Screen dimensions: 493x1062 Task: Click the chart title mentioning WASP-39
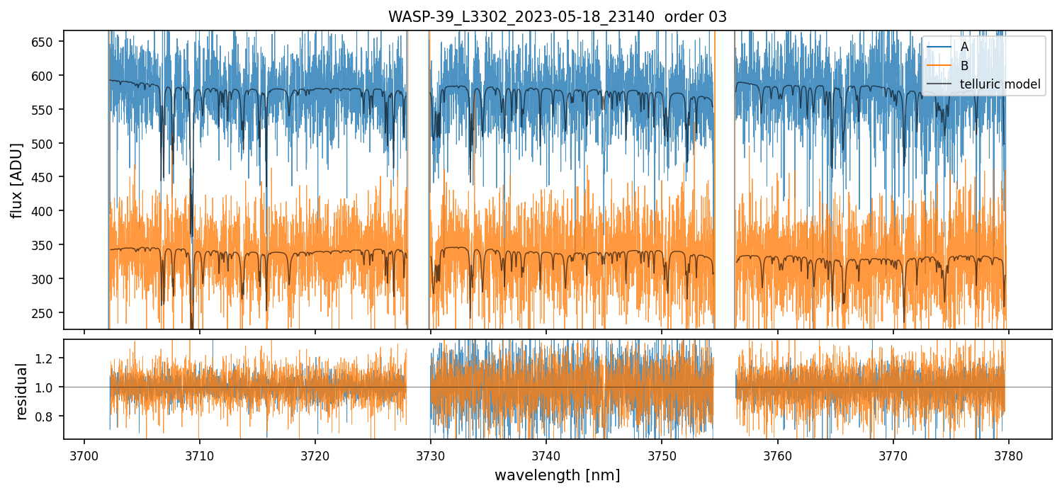(x=557, y=17)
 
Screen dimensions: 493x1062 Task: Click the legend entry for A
(x=964, y=47)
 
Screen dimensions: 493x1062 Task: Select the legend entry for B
(x=964, y=65)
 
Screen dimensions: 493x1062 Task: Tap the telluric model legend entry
(x=1000, y=84)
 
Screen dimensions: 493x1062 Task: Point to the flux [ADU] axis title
(x=16, y=180)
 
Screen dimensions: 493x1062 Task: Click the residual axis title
(x=21, y=390)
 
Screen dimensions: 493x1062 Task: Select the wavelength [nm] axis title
(x=557, y=475)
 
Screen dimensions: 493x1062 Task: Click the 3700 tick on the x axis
(x=84, y=454)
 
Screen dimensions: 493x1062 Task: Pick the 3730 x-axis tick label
(x=431, y=454)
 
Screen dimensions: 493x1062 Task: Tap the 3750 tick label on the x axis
(x=662, y=454)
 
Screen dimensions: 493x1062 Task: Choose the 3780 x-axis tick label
(x=1008, y=454)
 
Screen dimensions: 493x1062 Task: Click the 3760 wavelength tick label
(x=777, y=454)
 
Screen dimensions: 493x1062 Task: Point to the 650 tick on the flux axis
(x=47, y=42)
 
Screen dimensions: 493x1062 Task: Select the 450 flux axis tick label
(x=47, y=177)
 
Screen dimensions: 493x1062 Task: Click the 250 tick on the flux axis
(x=47, y=313)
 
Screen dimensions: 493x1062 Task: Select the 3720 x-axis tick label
(x=315, y=454)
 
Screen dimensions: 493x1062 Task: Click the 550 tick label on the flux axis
(x=47, y=110)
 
